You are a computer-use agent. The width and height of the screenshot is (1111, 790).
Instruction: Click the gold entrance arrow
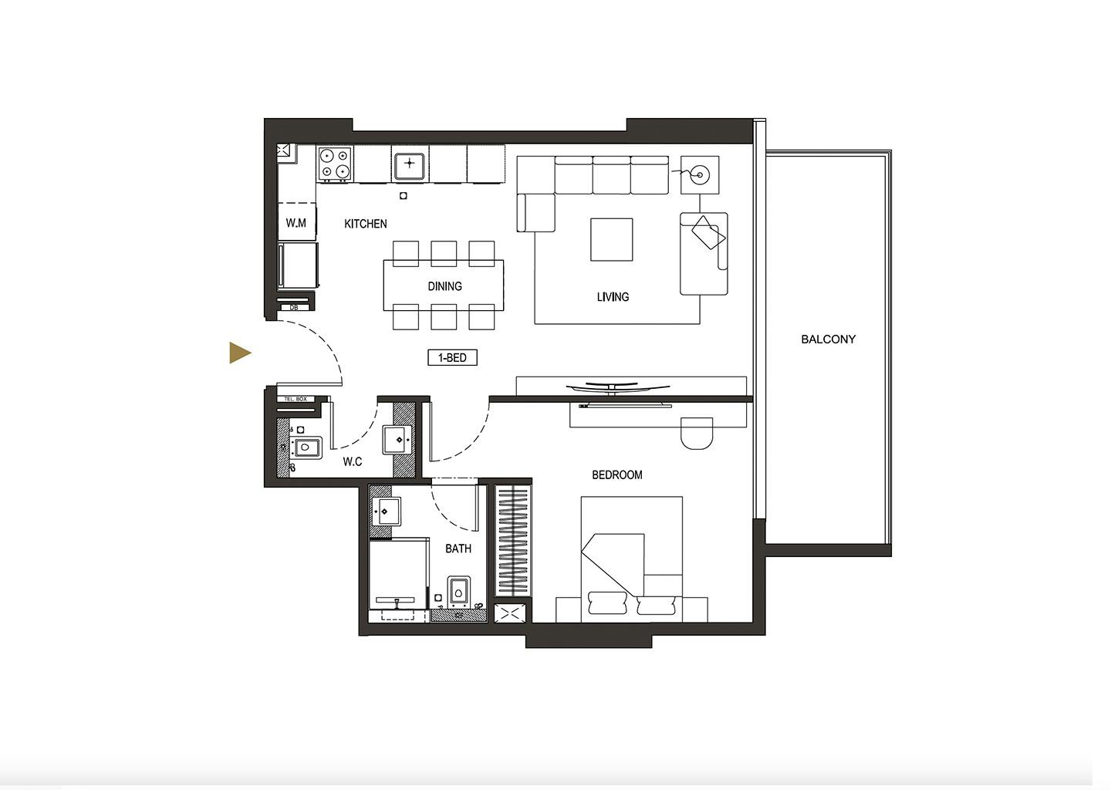tap(240, 353)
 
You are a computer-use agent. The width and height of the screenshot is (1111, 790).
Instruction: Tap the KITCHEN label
tap(366, 224)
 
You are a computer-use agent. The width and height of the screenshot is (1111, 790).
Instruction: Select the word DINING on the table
tap(444, 286)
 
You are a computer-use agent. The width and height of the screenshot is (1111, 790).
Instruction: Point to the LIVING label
tap(613, 296)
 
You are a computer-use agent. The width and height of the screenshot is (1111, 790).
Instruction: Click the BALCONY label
tap(828, 339)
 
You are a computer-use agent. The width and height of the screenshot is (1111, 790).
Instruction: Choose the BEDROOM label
tap(617, 474)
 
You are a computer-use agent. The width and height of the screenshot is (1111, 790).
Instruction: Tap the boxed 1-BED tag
tap(452, 357)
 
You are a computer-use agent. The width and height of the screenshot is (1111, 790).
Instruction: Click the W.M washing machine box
tap(296, 222)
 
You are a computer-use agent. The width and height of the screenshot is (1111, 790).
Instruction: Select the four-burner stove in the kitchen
tap(335, 164)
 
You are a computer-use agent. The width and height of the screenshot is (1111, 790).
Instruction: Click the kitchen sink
tap(409, 166)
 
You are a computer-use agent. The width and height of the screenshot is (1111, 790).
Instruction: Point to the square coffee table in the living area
tap(611, 239)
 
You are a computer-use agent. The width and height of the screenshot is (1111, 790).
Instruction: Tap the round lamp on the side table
tap(700, 175)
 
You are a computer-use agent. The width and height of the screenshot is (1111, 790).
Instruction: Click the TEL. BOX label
tap(295, 399)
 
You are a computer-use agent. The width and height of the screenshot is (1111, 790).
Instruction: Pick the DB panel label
tap(294, 308)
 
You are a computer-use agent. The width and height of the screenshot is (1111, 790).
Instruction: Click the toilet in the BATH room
tap(459, 592)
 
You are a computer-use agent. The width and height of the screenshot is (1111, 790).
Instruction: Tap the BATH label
tap(458, 549)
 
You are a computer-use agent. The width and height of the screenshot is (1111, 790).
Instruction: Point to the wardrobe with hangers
tap(513, 541)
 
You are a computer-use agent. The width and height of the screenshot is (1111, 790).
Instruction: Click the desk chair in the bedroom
tap(697, 434)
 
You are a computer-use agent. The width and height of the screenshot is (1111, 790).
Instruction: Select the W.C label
tap(352, 461)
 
